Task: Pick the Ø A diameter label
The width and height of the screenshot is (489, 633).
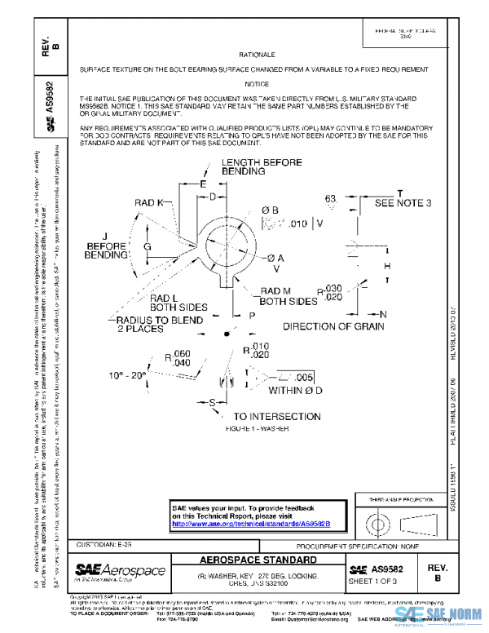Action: point(275,258)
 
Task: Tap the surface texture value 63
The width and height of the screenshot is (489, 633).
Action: point(330,198)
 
